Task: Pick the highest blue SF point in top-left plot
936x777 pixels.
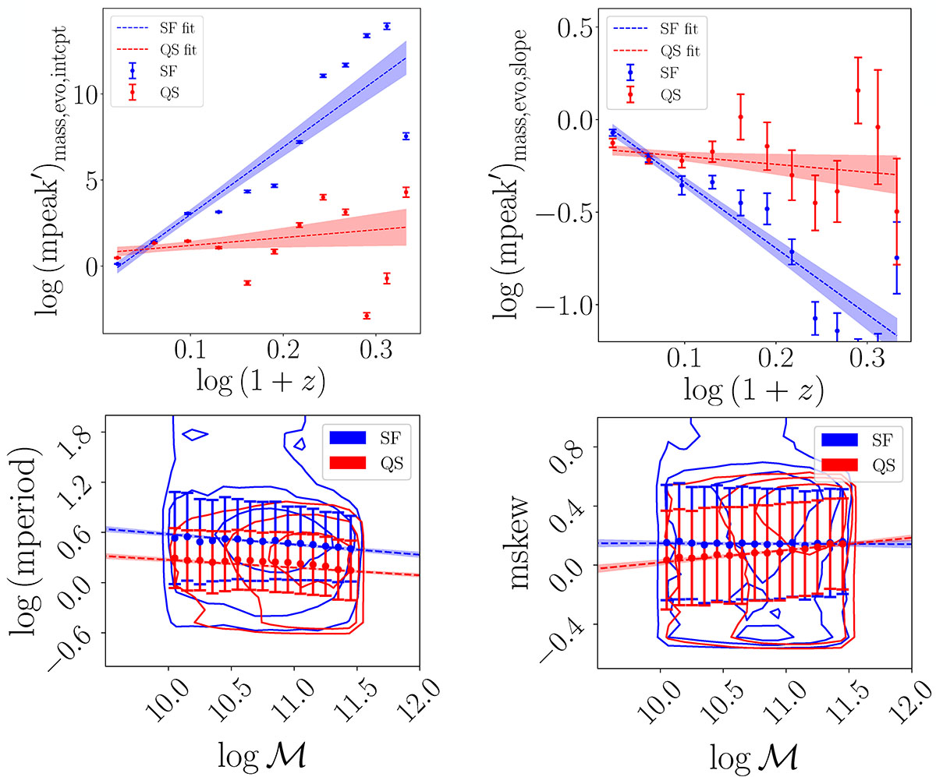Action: click(x=386, y=26)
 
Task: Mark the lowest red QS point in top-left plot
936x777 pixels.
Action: click(x=366, y=316)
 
